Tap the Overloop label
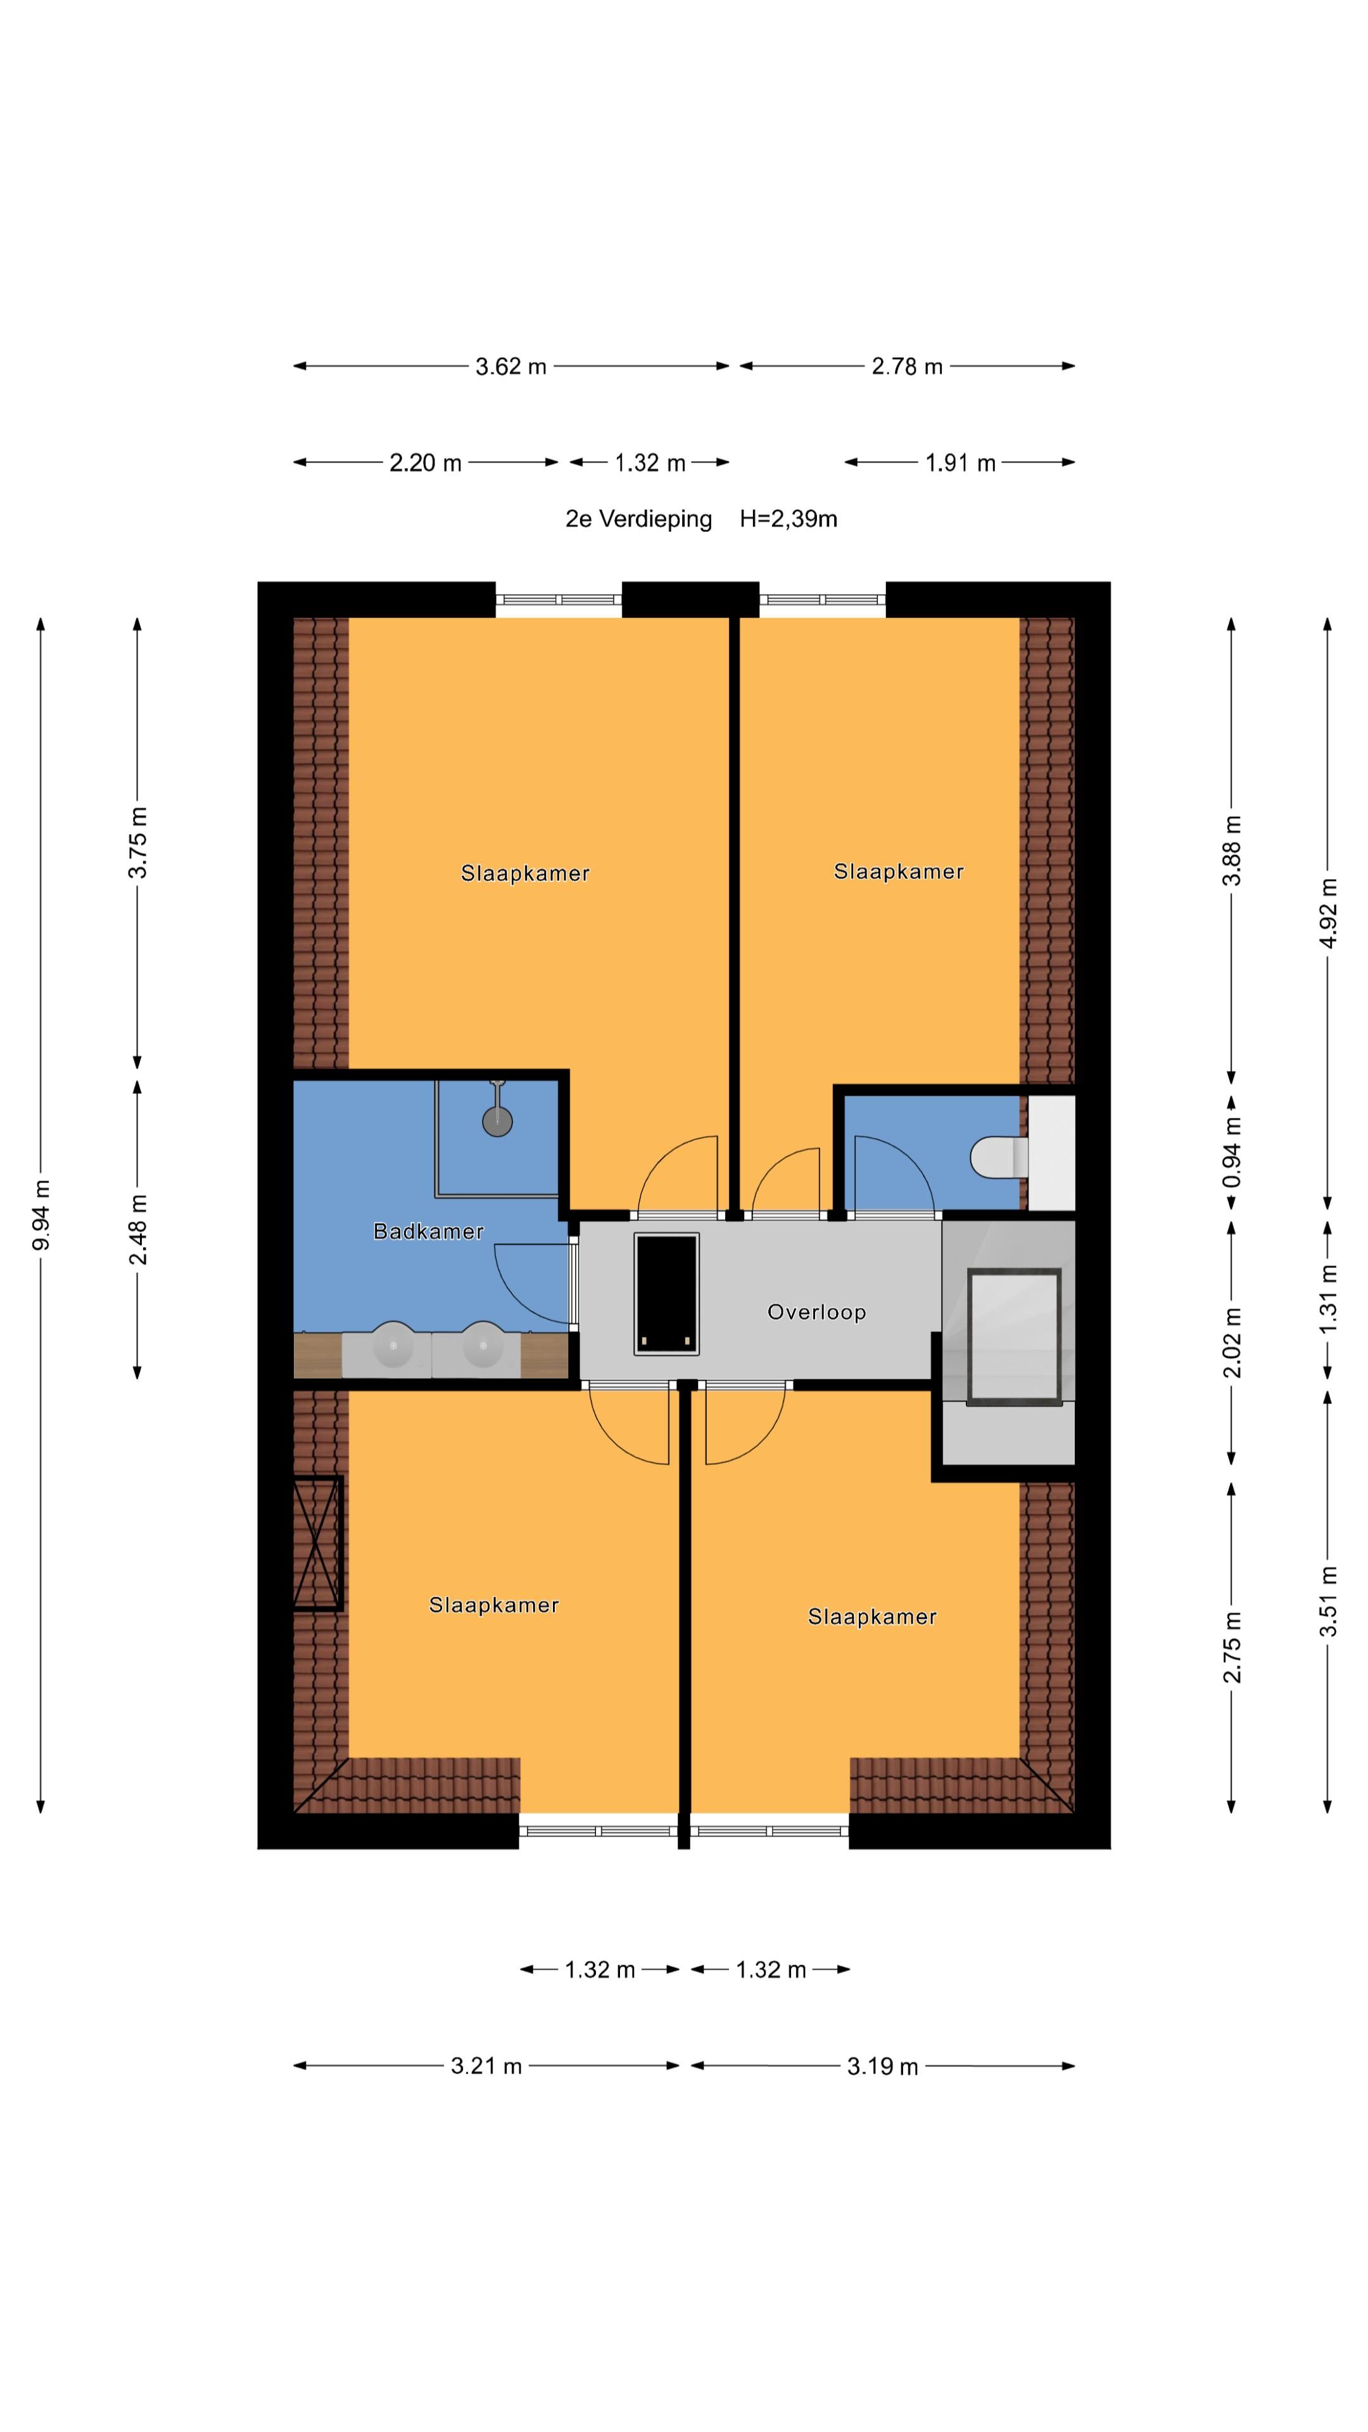(x=816, y=1312)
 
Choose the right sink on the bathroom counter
(x=483, y=1345)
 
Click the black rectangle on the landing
(x=666, y=1293)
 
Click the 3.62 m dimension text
(x=510, y=366)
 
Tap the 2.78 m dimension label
(x=906, y=366)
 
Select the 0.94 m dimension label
(x=1232, y=1152)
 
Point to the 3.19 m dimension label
(x=882, y=2066)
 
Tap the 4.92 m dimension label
(x=1328, y=912)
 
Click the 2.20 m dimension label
(x=425, y=462)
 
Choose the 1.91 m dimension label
(x=960, y=462)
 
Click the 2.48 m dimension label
(x=138, y=1229)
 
